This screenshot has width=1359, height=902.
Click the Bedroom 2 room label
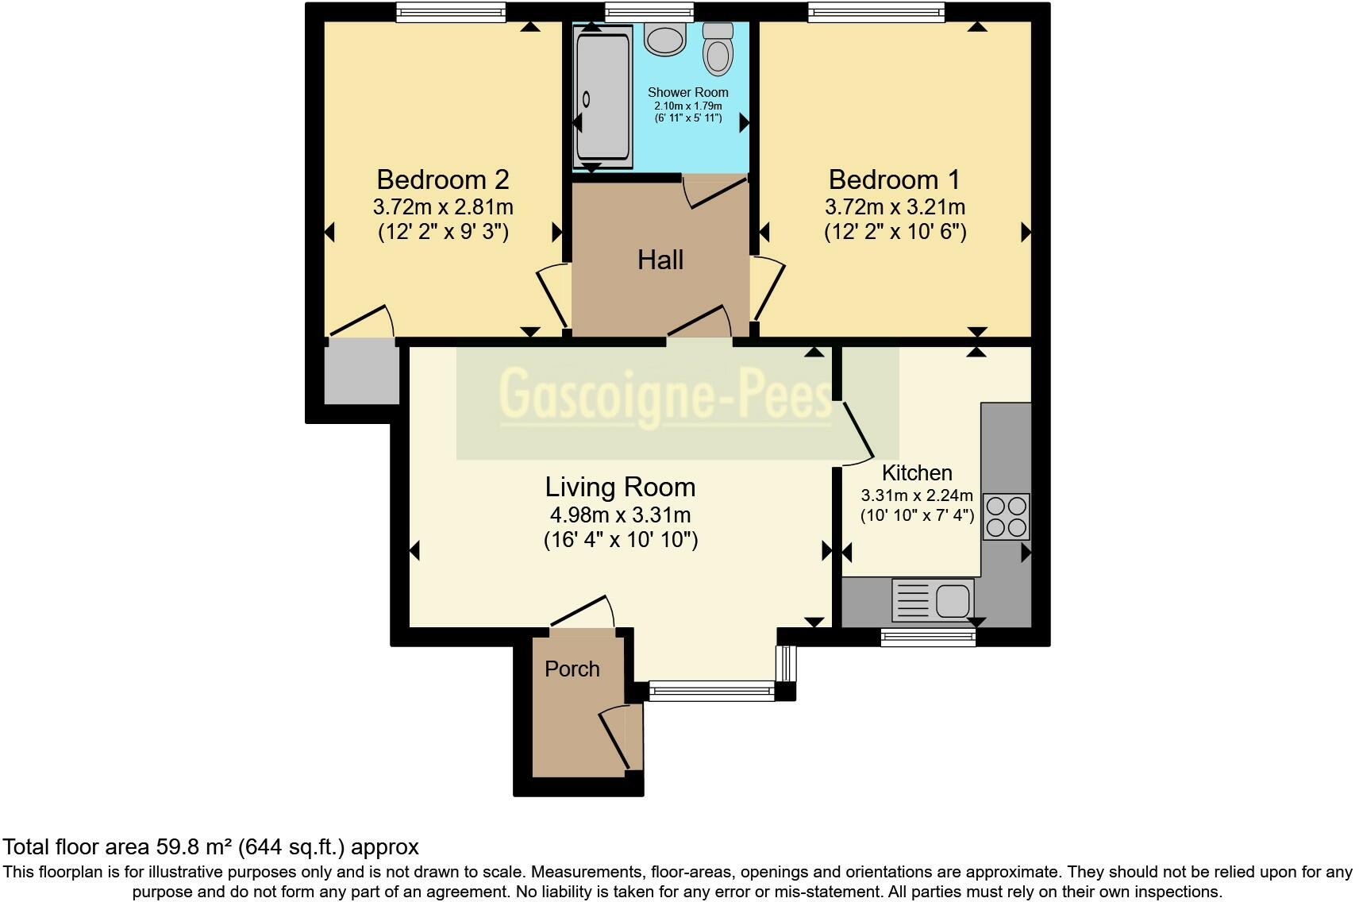pyautogui.click(x=443, y=179)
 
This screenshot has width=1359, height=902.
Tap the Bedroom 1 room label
pyautogui.click(x=895, y=179)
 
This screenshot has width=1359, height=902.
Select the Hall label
pyautogui.click(x=660, y=260)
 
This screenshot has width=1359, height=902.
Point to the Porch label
pyautogui.click(x=572, y=669)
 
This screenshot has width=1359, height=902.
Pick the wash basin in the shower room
pyautogui.click(x=665, y=40)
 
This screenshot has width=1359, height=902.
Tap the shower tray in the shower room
pyautogui.click(x=603, y=96)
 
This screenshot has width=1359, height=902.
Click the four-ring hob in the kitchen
pyautogui.click(x=1006, y=517)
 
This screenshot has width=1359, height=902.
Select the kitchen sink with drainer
pyautogui.click(x=933, y=599)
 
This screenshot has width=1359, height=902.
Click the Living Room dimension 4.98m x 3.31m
pyautogui.click(x=620, y=515)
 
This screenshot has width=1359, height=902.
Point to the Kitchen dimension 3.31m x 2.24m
pyautogui.click(x=917, y=495)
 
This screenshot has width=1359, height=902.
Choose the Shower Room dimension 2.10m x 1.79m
pyautogui.click(x=688, y=106)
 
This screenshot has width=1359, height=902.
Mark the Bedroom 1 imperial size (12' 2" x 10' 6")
pyautogui.click(x=895, y=232)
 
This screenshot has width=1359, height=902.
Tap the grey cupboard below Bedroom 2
pyautogui.click(x=362, y=372)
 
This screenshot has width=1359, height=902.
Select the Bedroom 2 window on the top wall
pyautogui.click(x=451, y=12)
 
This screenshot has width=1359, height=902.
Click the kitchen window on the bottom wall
pyautogui.click(x=928, y=638)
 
